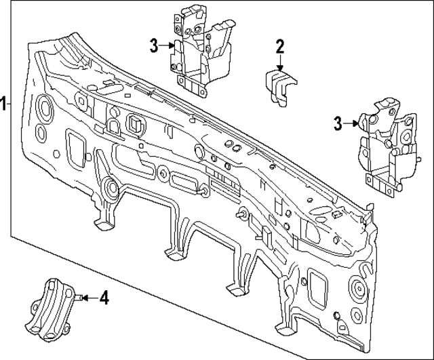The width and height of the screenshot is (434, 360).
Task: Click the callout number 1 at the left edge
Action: click(5, 104)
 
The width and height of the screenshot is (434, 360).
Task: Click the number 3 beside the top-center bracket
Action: click(155, 45)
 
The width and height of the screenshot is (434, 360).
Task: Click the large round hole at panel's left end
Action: click(45, 107)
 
